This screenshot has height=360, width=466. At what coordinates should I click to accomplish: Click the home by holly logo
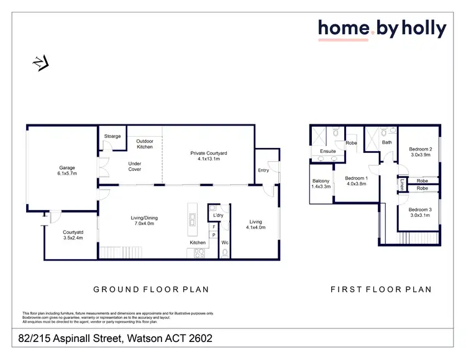(x=382, y=29)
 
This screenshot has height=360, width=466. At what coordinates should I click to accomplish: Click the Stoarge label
(x=112, y=136)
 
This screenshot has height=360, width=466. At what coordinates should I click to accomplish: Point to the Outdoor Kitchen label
(x=144, y=144)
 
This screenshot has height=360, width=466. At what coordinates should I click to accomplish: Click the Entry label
(x=263, y=170)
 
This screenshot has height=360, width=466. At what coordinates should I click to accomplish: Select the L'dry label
(x=217, y=215)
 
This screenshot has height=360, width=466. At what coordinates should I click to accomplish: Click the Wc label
(x=225, y=242)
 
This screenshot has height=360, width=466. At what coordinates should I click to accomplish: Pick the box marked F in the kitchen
(x=213, y=227)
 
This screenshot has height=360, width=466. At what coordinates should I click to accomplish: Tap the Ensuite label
(x=327, y=151)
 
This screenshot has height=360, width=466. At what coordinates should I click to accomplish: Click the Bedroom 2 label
(x=420, y=152)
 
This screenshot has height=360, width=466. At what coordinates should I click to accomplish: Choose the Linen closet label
(x=402, y=184)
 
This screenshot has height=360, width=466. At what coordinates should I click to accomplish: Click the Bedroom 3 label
(x=420, y=213)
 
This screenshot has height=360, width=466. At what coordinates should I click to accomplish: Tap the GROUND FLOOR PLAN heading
(x=151, y=289)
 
